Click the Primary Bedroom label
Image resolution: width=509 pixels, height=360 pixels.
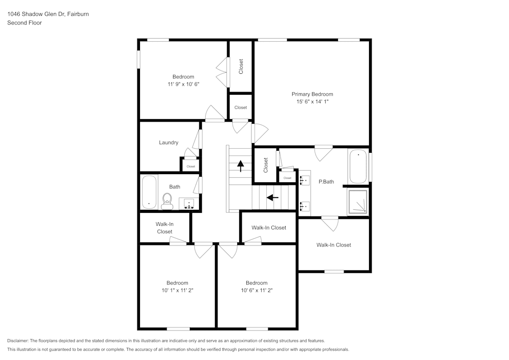[x=312, y=94]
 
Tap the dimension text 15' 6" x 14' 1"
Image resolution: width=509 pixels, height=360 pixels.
[x=312, y=102]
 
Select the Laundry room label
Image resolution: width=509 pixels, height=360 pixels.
[x=168, y=143]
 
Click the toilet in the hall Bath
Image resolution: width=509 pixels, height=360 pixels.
[x=166, y=201]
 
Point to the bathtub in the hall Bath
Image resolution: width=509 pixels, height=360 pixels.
[x=149, y=192]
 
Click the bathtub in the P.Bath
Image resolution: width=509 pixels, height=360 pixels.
[x=358, y=166]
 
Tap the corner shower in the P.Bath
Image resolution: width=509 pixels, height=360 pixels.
[x=358, y=200]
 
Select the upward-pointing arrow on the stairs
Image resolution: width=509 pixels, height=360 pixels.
[x=240, y=166]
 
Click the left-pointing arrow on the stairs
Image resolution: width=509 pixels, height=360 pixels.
[x=273, y=197]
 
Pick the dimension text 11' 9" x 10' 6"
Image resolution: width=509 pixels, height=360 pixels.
[x=183, y=85]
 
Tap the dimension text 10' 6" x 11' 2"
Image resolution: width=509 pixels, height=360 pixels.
[x=257, y=290]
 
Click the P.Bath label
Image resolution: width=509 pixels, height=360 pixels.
[x=326, y=182]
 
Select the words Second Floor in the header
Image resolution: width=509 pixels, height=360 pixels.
[x=24, y=23]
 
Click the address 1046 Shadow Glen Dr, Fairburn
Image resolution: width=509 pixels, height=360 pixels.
[x=48, y=14]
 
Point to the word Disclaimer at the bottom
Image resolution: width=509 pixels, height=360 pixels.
[x=18, y=341]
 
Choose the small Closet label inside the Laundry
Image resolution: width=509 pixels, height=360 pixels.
[x=191, y=167]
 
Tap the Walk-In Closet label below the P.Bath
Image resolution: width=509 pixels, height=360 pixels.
[x=333, y=245]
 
